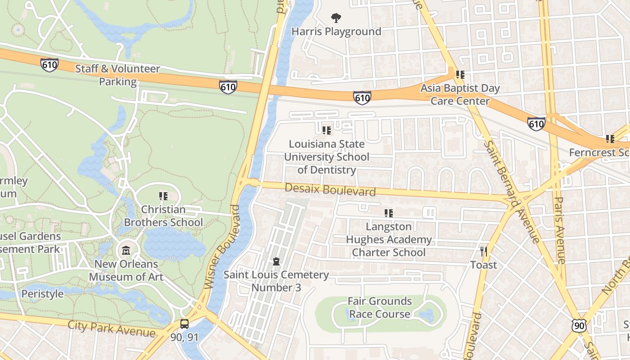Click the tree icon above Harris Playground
(x=336, y=18)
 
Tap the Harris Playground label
(x=336, y=31)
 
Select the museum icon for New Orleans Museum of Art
(x=126, y=251)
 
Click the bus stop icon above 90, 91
(x=184, y=324)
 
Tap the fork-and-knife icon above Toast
(x=484, y=252)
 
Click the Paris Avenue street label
(x=559, y=230)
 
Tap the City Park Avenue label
(x=112, y=328)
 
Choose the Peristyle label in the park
(x=43, y=294)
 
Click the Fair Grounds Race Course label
(x=380, y=307)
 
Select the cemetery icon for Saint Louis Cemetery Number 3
(x=276, y=261)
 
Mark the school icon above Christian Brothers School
(x=163, y=196)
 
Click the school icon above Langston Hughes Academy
(x=388, y=213)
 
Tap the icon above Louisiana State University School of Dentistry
(x=326, y=130)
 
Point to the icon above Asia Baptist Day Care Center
(x=460, y=75)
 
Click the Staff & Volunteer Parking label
(x=117, y=75)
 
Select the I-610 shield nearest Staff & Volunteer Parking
(x=49, y=65)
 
